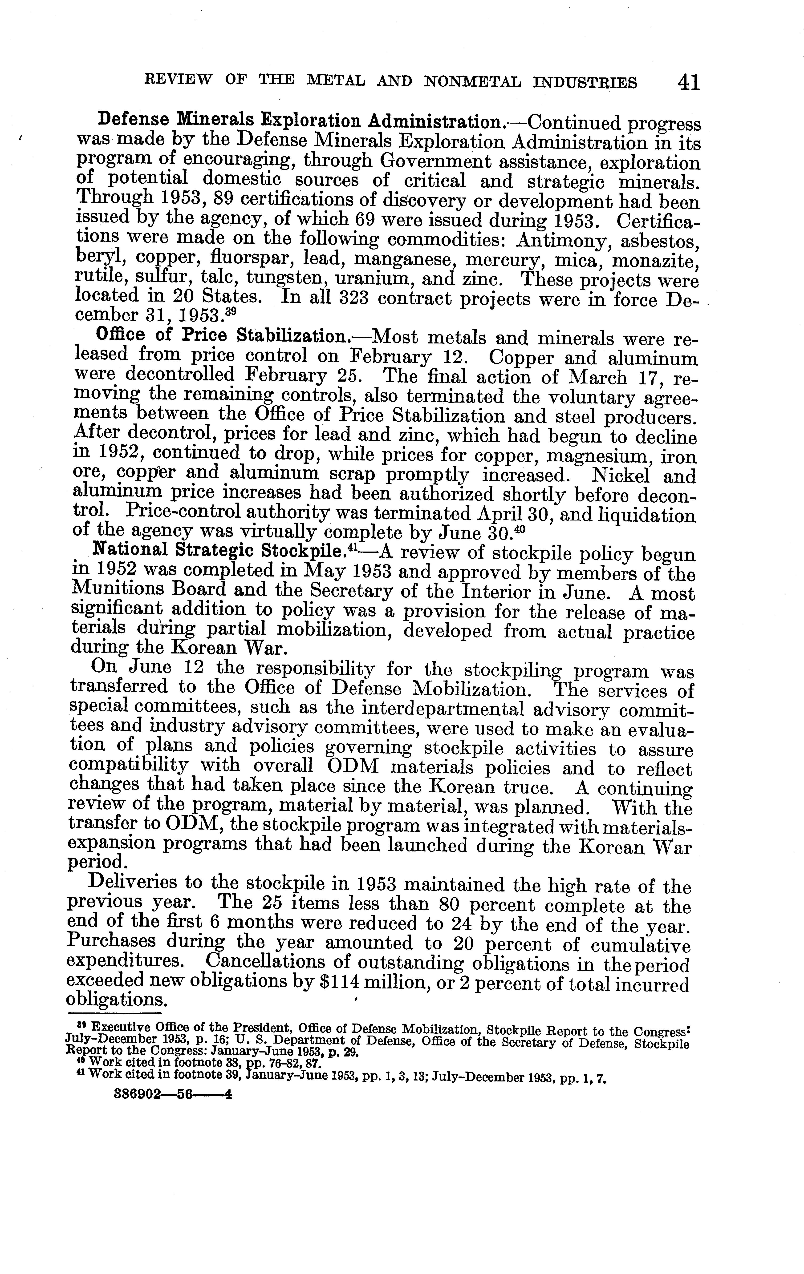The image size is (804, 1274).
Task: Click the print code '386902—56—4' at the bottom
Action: [173, 1095]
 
